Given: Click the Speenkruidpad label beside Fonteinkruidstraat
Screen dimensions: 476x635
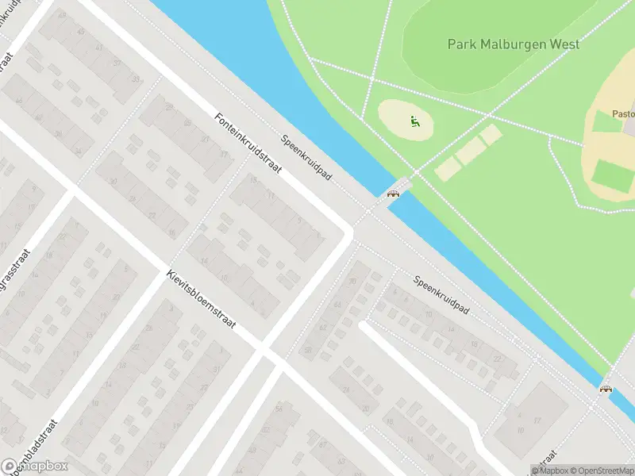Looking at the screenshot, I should click(x=306, y=157).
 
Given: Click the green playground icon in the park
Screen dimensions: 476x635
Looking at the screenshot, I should click(x=413, y=121).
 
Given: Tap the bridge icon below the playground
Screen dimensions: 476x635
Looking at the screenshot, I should click(x=392, y=193).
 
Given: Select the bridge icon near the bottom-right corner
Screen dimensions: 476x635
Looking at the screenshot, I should click(x=606, y=389).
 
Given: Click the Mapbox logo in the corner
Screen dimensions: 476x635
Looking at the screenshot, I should click(x=35, y=466).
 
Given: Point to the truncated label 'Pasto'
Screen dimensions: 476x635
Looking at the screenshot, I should click(x=622, y=113).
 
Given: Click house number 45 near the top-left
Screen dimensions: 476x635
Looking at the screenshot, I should click(x=80, y=31).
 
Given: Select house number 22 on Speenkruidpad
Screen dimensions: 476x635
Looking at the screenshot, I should click(x=498, y=358).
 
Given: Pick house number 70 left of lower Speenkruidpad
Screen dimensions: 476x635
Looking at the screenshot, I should click(x=352, y=282).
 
